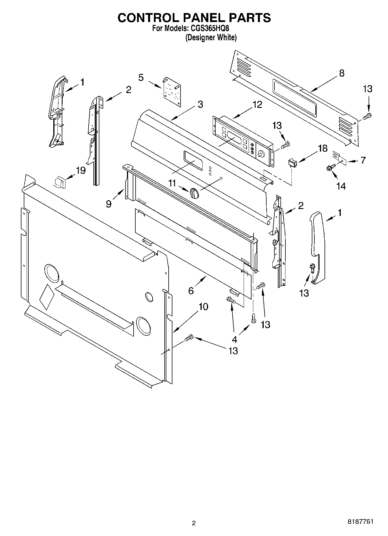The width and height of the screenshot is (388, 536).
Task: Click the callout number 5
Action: [x=141, y=78]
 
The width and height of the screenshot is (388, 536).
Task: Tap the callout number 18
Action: [x=323, y=148]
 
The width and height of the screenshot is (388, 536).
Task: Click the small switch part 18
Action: [x=292, y=163]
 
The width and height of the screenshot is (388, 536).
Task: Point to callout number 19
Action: [x=81, y=170]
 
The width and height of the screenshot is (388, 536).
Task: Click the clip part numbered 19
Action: [x=60, y=182]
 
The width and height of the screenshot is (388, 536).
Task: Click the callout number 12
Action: [x=258, y=104]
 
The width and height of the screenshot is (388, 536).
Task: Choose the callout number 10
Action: [x=203, y=307]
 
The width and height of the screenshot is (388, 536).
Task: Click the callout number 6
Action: [x=191, y=290]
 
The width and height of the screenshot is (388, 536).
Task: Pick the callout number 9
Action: [x=109, y=204]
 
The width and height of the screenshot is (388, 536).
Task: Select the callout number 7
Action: [x=363, y=160]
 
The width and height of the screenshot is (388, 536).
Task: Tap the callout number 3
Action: [x=200, y=104]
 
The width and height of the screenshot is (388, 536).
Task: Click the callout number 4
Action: [x=234, y=339]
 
